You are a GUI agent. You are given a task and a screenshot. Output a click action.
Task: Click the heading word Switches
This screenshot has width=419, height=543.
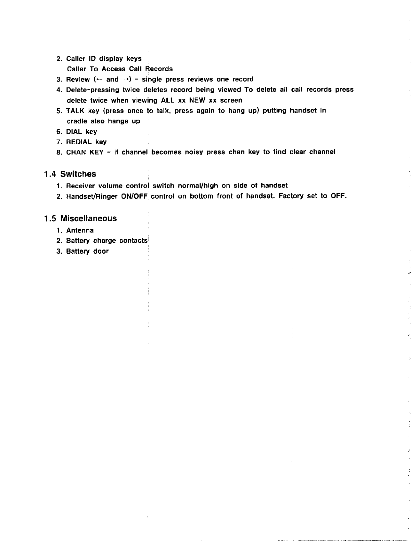(78, 174)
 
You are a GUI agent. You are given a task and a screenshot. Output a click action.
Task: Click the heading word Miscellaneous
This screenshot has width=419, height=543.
(88, 219)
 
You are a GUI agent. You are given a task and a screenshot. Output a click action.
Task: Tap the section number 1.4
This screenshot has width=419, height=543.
(50, 174)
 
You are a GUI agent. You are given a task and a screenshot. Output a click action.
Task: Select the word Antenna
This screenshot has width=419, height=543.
(80, 230)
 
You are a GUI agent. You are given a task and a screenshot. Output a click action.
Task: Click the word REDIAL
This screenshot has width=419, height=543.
(79, 142)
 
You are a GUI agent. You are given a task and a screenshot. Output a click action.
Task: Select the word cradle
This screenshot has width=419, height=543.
(77, 121)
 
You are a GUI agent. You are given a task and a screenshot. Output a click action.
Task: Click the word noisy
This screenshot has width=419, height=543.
(194, 152)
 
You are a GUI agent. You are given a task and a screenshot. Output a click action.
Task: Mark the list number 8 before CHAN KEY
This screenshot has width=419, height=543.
(59, 152)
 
